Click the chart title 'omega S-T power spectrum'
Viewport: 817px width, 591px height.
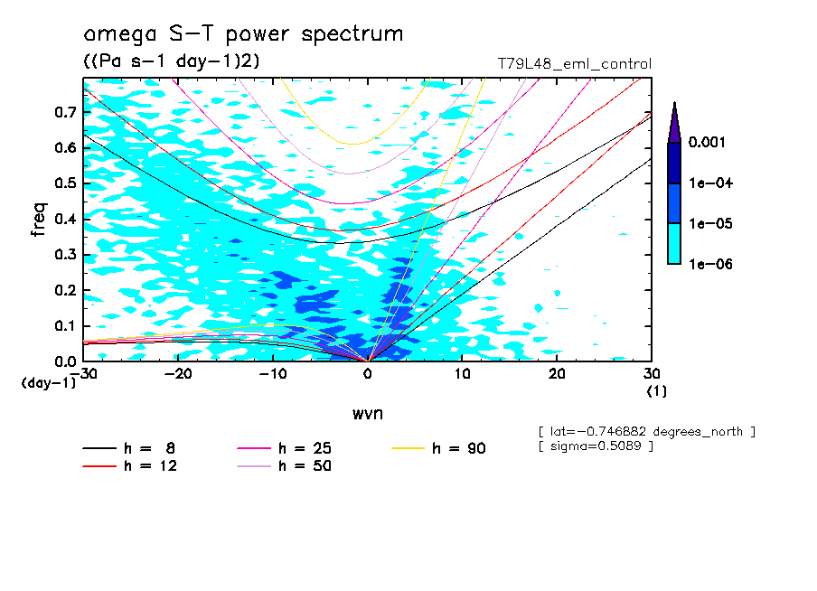tap(242, 34)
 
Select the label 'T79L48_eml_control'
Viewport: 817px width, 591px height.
tap(574, 64)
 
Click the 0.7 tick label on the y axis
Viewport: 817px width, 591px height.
tap(64, 112)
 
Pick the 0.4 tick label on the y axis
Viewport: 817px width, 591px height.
tap(64, 219)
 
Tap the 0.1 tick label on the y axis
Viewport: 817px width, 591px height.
tap(64, 325)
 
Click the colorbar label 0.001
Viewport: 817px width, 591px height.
tap(710, 143)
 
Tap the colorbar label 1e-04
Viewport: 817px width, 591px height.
tap(710, 183)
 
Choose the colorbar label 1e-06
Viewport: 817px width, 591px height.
tap(710, 265)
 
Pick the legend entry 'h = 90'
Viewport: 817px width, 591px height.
tap(440, 448)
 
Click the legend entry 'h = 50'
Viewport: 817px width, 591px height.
tap(285, 466)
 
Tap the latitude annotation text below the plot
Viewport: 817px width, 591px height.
tap(645, 432)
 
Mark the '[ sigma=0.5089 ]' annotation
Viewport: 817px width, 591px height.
tap(595, 447)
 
